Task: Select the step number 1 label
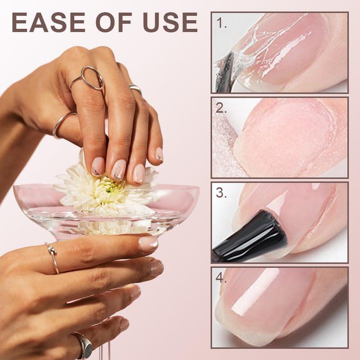[221, 24]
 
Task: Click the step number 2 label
[221, 108]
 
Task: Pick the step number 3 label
[221, 193]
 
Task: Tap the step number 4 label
[221, 278]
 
